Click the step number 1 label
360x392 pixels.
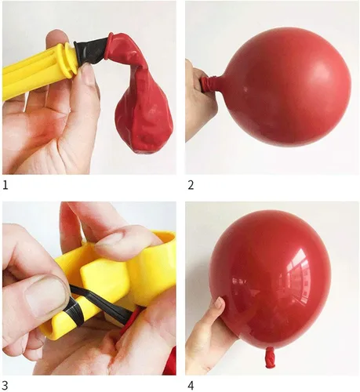pyautogui.click(x=5, y=185)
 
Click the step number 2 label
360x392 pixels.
pyautogui.click(x=191, y=185)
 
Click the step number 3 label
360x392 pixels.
pyautogui.click(x=5, y=386)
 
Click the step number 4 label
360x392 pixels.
pyautogui.click(x=191, y=386)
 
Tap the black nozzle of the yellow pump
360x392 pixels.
pyautogui.click(x=90, y=52)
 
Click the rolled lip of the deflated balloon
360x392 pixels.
pyautogui.click(x=110, y=45)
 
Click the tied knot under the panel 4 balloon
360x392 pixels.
pyautogui.click(x=270, y=358)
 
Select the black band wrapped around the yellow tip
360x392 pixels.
pyautogui.click(x=75, y=312)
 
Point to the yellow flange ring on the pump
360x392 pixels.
pyautogui.click(x=70, y=60)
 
